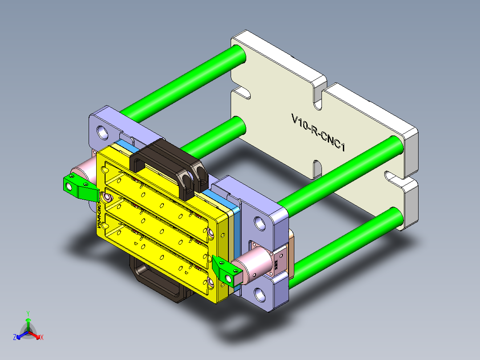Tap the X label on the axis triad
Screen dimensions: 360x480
42,338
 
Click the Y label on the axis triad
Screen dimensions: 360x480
28,313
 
